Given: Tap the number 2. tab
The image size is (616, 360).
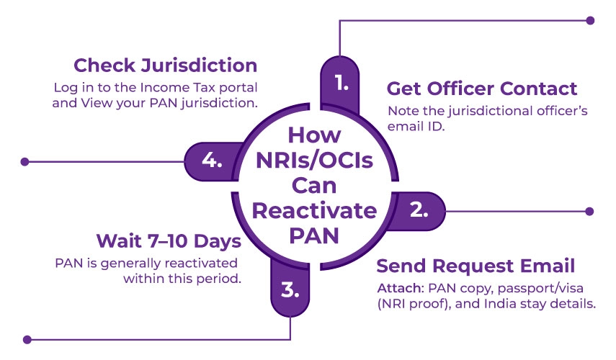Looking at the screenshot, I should coord(418,211).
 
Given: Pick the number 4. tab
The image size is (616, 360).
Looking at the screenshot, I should coord(211,161).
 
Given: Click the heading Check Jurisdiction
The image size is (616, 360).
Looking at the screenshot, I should coord(165,66).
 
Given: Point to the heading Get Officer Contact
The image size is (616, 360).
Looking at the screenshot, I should coord(482,89).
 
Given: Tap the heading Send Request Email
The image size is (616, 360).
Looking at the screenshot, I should coord(476,265).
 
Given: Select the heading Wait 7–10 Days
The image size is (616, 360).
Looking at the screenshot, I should coord(169,240).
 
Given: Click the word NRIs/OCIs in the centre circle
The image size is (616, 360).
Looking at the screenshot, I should coord(315,161).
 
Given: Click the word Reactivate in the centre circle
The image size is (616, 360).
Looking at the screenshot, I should coord(315,211).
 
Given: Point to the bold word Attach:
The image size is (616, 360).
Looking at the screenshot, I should coord(396,288).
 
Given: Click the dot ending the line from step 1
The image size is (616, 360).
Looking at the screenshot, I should coord(591,20).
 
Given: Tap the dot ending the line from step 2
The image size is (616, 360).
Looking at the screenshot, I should coord(591,212).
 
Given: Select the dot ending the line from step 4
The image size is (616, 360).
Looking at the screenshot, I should coord(25,161).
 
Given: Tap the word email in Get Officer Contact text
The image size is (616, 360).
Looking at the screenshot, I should coord(403,127).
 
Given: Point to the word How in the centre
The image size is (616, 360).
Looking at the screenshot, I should coord(314,135).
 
